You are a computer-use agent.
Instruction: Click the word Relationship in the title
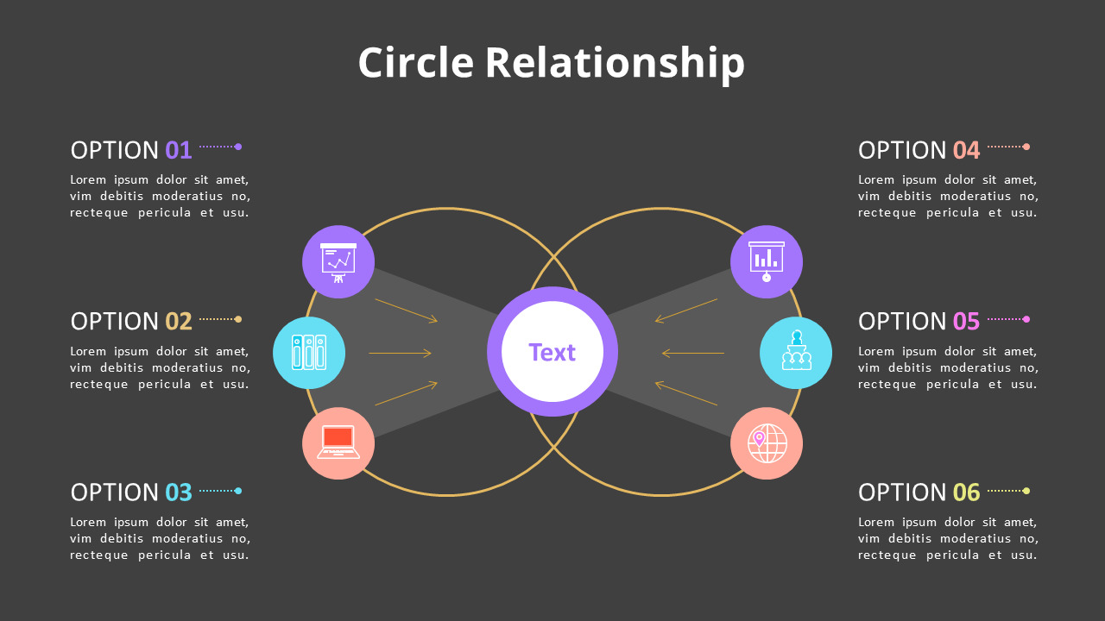point(614,64)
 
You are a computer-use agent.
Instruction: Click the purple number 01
point(179,150)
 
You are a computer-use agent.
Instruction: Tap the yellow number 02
point(179,322)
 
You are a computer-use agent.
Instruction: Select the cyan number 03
point(179,492)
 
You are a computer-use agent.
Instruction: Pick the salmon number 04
point(967,150)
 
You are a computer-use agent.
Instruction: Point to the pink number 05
point(967,322)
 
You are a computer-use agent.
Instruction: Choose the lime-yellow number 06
point(967,492)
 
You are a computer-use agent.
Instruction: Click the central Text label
point(552,352)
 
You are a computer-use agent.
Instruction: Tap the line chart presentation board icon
point(338,261)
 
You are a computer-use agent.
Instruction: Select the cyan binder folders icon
point(309,353)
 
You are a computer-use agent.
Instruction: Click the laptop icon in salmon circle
point(338,442)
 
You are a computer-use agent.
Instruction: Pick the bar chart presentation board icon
point(767,261)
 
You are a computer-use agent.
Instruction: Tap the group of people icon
point(796,352)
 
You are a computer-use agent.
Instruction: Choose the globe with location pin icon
point(767,443)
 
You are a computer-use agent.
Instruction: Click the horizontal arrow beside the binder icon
point(400,353)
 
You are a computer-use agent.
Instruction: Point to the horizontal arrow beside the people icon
point(693,353)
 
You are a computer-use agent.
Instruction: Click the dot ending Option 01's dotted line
point(238,147)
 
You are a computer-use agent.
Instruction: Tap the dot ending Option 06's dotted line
point(1026,491)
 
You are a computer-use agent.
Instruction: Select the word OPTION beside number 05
point(902,322)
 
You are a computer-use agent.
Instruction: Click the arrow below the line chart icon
point(406,310)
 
